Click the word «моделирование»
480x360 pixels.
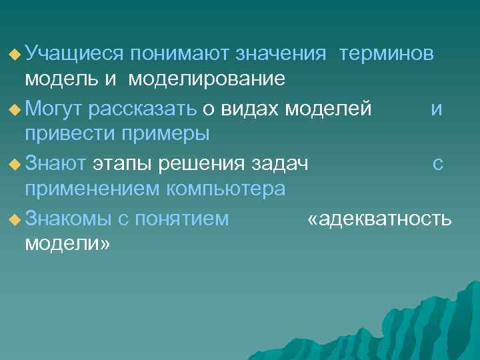[x=207, y=79]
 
